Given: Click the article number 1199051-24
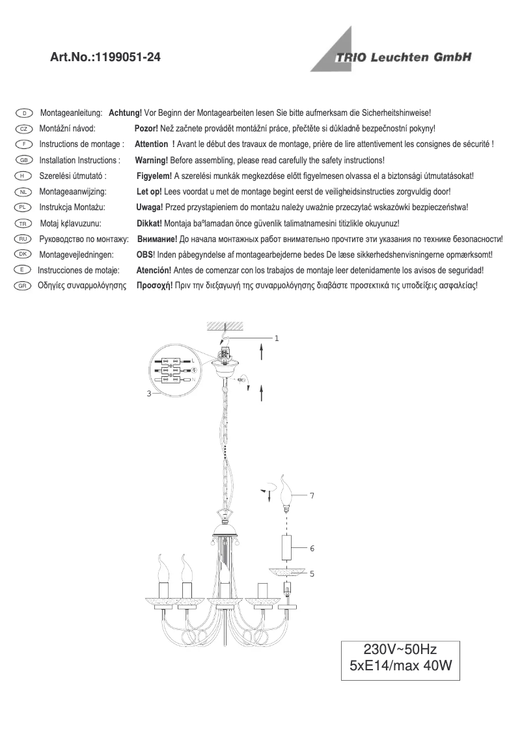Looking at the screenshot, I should [x=128, y=58].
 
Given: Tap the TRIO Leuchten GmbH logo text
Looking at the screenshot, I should [x=403, y=57].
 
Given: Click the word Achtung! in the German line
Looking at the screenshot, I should [x=125, y=113].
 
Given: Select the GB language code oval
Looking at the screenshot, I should [x=23, y=160].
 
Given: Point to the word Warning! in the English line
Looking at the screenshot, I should [x=152, y=160].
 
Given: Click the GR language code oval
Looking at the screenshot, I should [x=23, y=286].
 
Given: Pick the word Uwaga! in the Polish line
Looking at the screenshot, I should [x=149, y=207].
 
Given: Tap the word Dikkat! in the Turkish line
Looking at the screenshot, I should [x=149, y=223].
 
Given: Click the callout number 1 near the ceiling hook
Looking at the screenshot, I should [x=277, y=338].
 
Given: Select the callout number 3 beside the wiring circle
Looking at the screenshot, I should [x=148, y=394].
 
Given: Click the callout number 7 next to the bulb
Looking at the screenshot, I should [x=312, y=496].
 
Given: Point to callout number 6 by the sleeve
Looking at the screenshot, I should [x=312, y=549].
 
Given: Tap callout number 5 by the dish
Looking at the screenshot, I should [x=312, y=574].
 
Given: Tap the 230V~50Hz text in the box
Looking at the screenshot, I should [x=400, y=649].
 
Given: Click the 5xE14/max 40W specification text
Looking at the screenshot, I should [x=400, y=666].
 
